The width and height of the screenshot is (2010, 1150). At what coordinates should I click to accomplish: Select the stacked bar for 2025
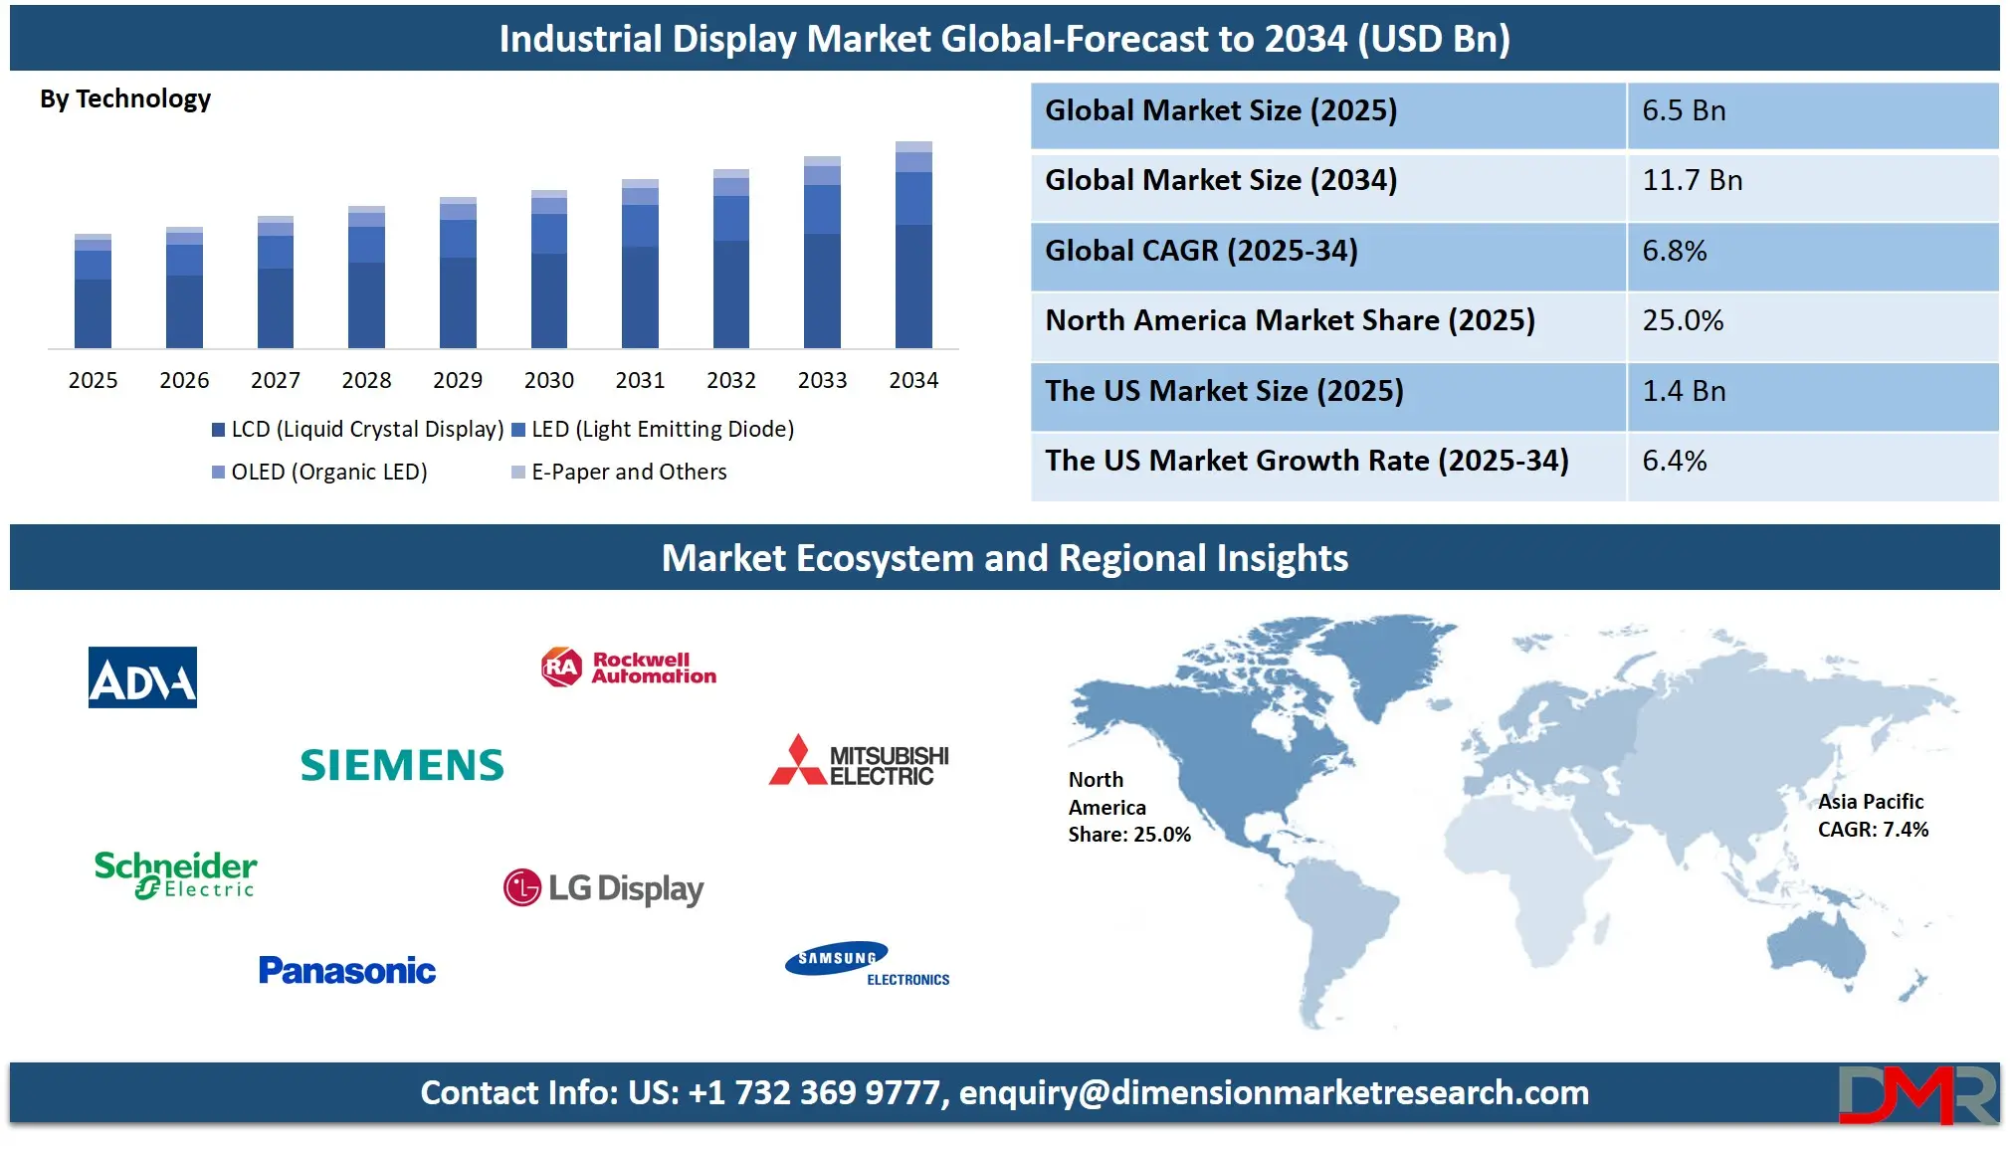tap(93, 291)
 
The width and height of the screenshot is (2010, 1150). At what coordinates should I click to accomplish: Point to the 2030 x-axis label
tap(548, 380)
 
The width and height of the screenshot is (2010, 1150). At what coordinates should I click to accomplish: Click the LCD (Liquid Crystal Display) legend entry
tap(357, 429)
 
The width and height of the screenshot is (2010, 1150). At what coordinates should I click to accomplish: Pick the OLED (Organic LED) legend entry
tap(319, 472)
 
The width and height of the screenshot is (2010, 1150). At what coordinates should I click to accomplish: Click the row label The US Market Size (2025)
tap(1224, 391)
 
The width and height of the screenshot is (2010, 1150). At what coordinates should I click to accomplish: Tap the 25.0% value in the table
tap(1683, 320)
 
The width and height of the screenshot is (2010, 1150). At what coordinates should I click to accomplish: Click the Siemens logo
tap(402, 765)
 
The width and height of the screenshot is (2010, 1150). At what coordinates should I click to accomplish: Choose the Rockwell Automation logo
tap(629, 668)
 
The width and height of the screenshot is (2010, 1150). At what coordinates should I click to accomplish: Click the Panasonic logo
tap(347, 970)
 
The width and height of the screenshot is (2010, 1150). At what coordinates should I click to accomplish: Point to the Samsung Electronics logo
tap(867, 963)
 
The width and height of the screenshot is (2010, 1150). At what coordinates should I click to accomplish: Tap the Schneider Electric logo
tap(175, 874)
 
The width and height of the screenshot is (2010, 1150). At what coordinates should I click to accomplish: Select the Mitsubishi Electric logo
tap(859, 762)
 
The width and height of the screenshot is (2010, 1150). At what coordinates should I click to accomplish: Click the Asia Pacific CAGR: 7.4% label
tap(1872, 816)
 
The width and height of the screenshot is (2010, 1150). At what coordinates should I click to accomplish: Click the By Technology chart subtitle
tap(125, 98)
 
